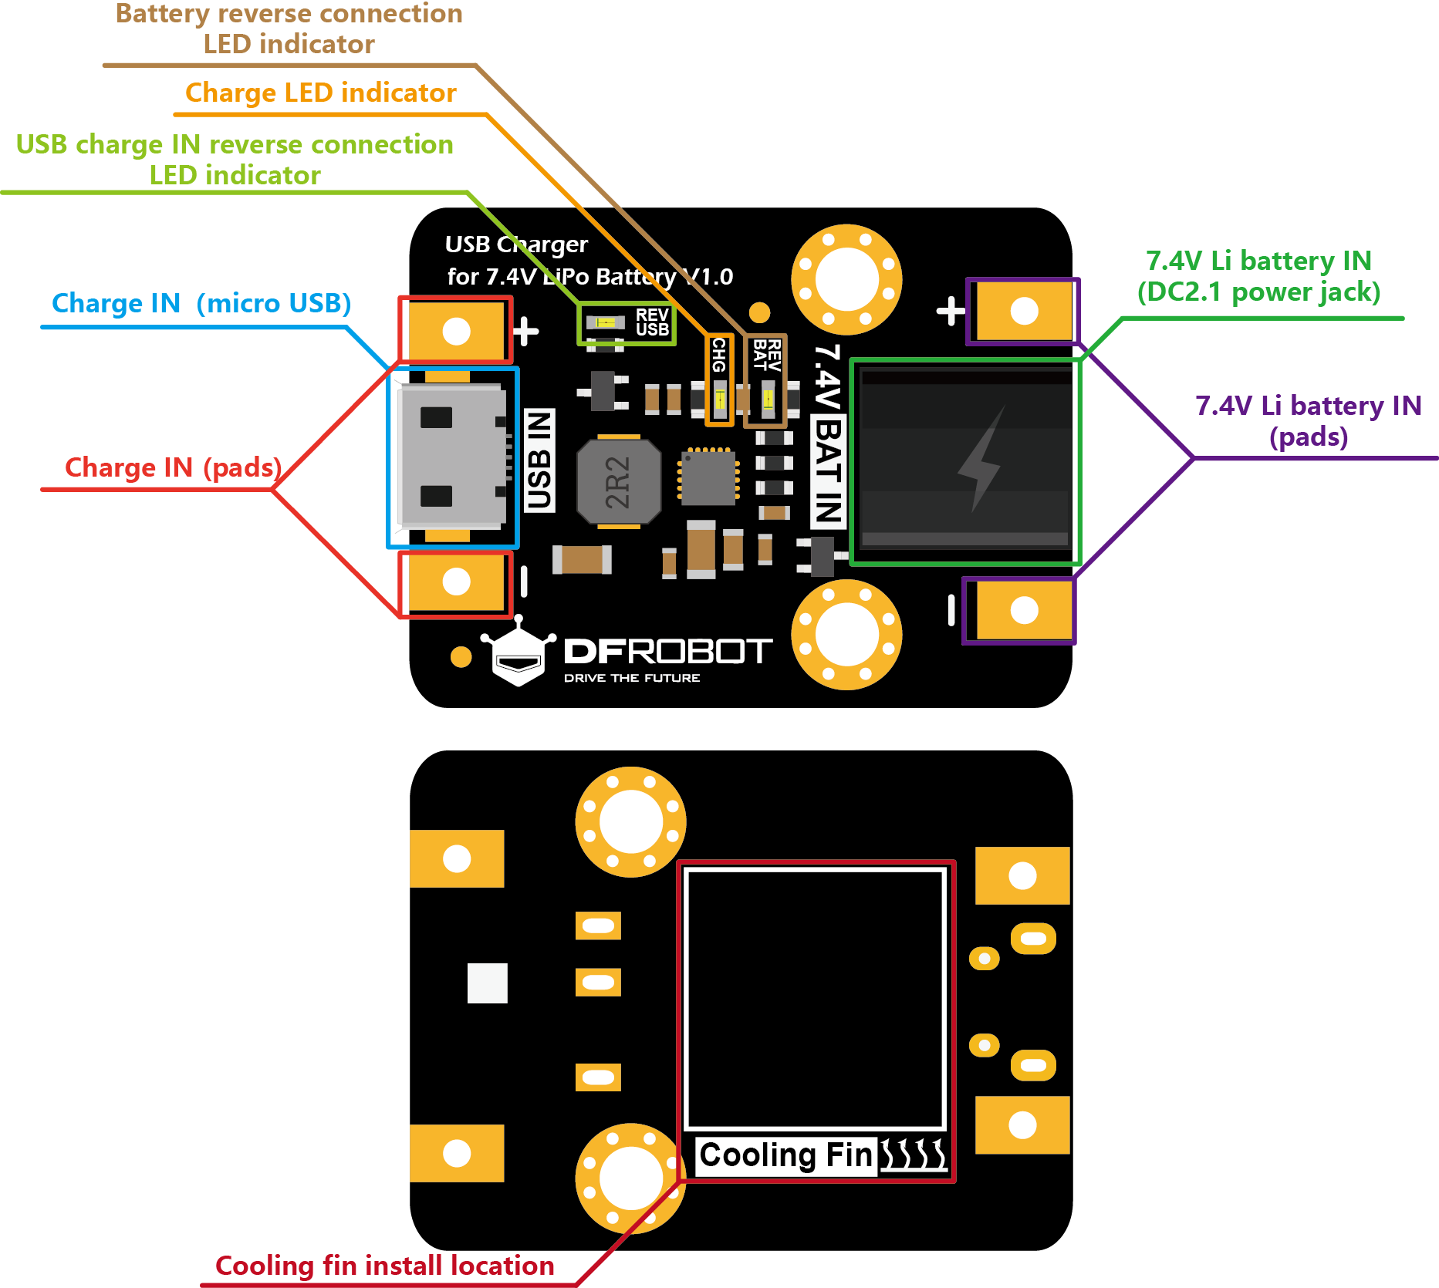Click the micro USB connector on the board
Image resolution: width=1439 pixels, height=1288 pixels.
pyautogui.click(x=452, y=457)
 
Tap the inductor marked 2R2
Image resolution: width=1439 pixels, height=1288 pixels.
pyautogui.click(x=618, y=482)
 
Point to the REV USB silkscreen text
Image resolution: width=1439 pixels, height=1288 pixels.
pyautogui.click(x=651, y=322)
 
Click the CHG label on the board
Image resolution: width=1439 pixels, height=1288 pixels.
pyautogui.click(x=718, y=356)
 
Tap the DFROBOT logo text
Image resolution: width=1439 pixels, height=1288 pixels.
pyautogui.click(x=667, y=652)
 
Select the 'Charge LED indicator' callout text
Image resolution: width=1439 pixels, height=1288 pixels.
pyautogui.click(x=320, y=93)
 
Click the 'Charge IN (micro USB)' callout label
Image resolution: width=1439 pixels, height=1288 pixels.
pyautogui.click(x=201, y=303)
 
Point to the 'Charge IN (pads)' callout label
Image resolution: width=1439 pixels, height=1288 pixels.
pyautogui.click(x=173, y=467)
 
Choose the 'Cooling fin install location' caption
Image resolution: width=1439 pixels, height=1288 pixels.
pyautogui.click(x=384, y=1266)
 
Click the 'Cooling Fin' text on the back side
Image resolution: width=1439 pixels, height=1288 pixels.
pyautogui.click(x=785, y=1155)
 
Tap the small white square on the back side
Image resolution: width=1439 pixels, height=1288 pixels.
pyautogui.click(x=487, y=983)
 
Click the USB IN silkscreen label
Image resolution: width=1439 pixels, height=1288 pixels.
pyautogui.click(x=539, y=460)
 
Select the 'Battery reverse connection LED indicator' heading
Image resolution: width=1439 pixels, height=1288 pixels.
pyautogui.click(x=289, y=29)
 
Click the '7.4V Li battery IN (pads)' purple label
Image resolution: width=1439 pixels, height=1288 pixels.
pyautogui.click(x=1308, y=421)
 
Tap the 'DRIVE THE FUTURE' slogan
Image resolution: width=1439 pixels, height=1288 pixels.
pyautogui.click(x=632, y=678)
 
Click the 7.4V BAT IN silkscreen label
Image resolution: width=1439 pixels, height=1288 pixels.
pyautogui.click(x=828, y=436)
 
